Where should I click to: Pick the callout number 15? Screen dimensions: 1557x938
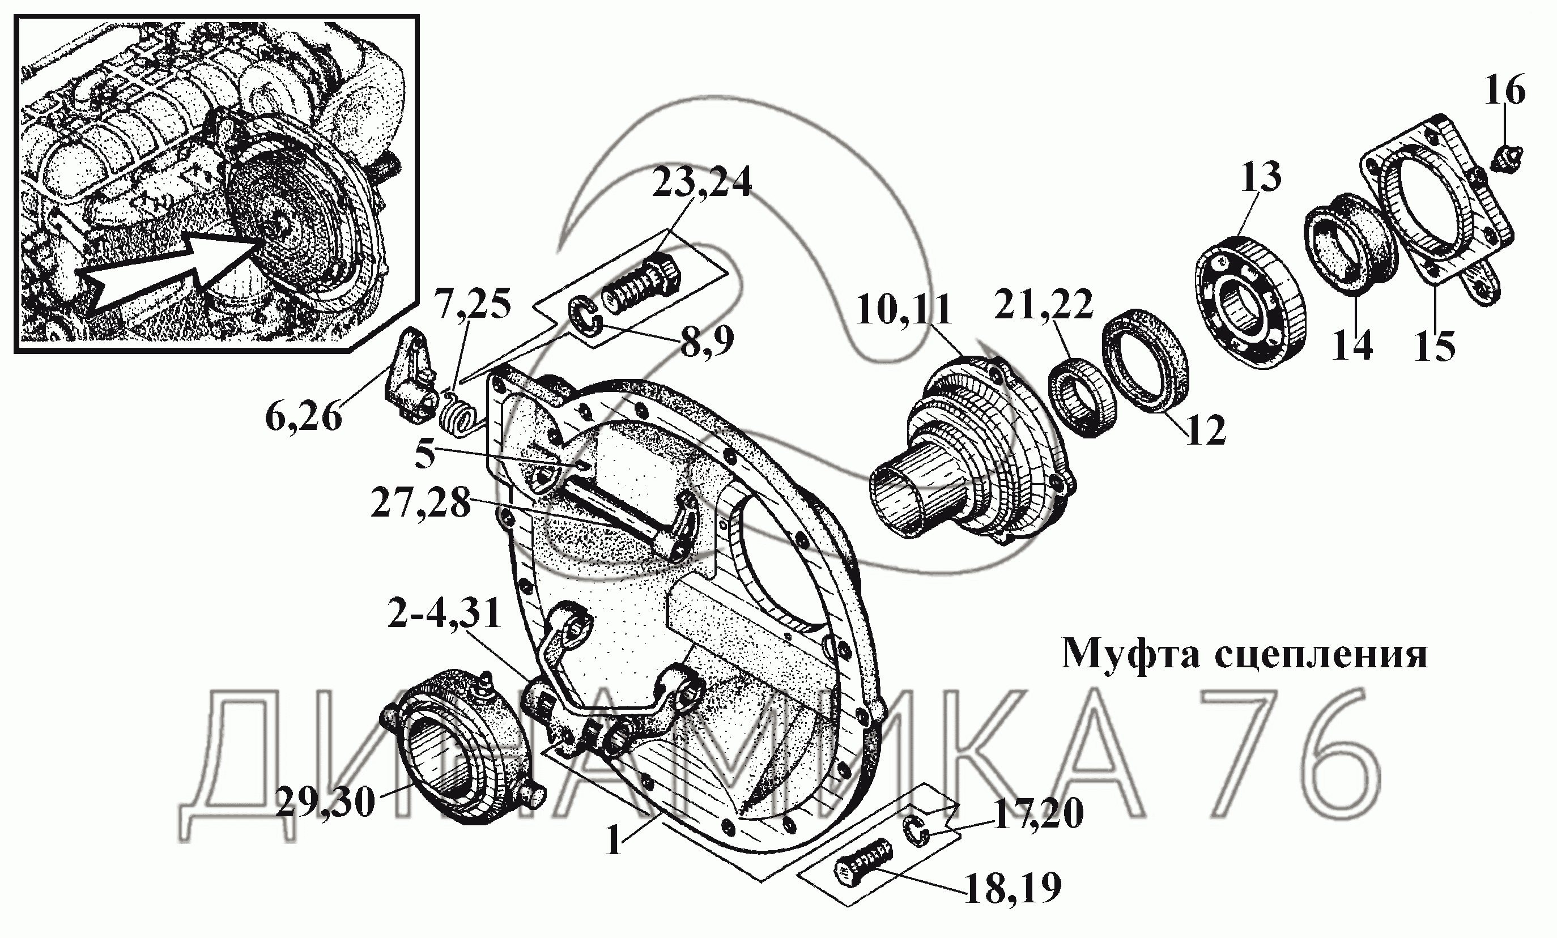(x=1435, y=347)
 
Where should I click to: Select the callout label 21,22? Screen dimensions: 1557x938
(x=1044, y=305)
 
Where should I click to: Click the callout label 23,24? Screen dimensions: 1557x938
(x=702, y=182)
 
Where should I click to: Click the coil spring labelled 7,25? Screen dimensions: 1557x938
(x=458, y=413)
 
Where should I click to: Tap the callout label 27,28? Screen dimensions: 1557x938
(x=421, y=504)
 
